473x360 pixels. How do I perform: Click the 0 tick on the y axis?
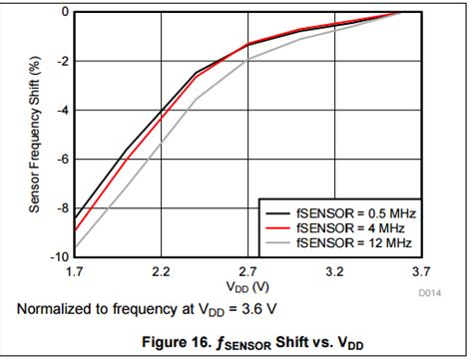(x=63, y=12)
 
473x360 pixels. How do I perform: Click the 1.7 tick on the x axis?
(x=74, y=270)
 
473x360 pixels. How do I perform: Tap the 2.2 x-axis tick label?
(x=161, y=270)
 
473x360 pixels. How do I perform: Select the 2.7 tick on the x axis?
(x=247, y=270)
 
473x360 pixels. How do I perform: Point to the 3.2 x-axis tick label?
(x=334, y=270)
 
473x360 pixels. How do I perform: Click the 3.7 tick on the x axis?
(x=420, y=270)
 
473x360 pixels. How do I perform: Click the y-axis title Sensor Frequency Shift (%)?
(x=34, y=135)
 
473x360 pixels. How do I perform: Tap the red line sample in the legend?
(x=276, y=226)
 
